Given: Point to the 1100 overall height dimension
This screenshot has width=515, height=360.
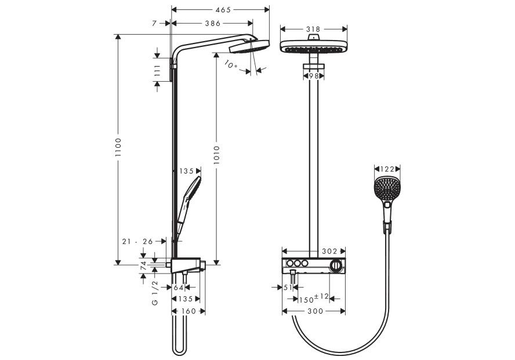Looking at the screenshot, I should (118, 149).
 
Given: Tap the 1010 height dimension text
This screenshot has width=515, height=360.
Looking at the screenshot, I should (216, 157).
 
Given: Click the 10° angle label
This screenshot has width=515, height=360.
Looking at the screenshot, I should (231, 66).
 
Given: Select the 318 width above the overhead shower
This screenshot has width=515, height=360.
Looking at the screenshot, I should (313, 28).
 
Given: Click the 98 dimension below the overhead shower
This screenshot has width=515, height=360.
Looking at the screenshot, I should (314, 76).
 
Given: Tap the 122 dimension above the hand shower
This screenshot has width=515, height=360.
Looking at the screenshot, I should (388, 169).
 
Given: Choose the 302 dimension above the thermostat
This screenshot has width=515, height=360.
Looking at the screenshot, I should (329, 252).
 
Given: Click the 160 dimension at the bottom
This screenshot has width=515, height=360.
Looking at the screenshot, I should (188, 311).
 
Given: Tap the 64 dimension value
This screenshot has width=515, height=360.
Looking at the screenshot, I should (179, 287).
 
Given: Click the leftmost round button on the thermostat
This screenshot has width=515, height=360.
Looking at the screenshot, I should (288, 264).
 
